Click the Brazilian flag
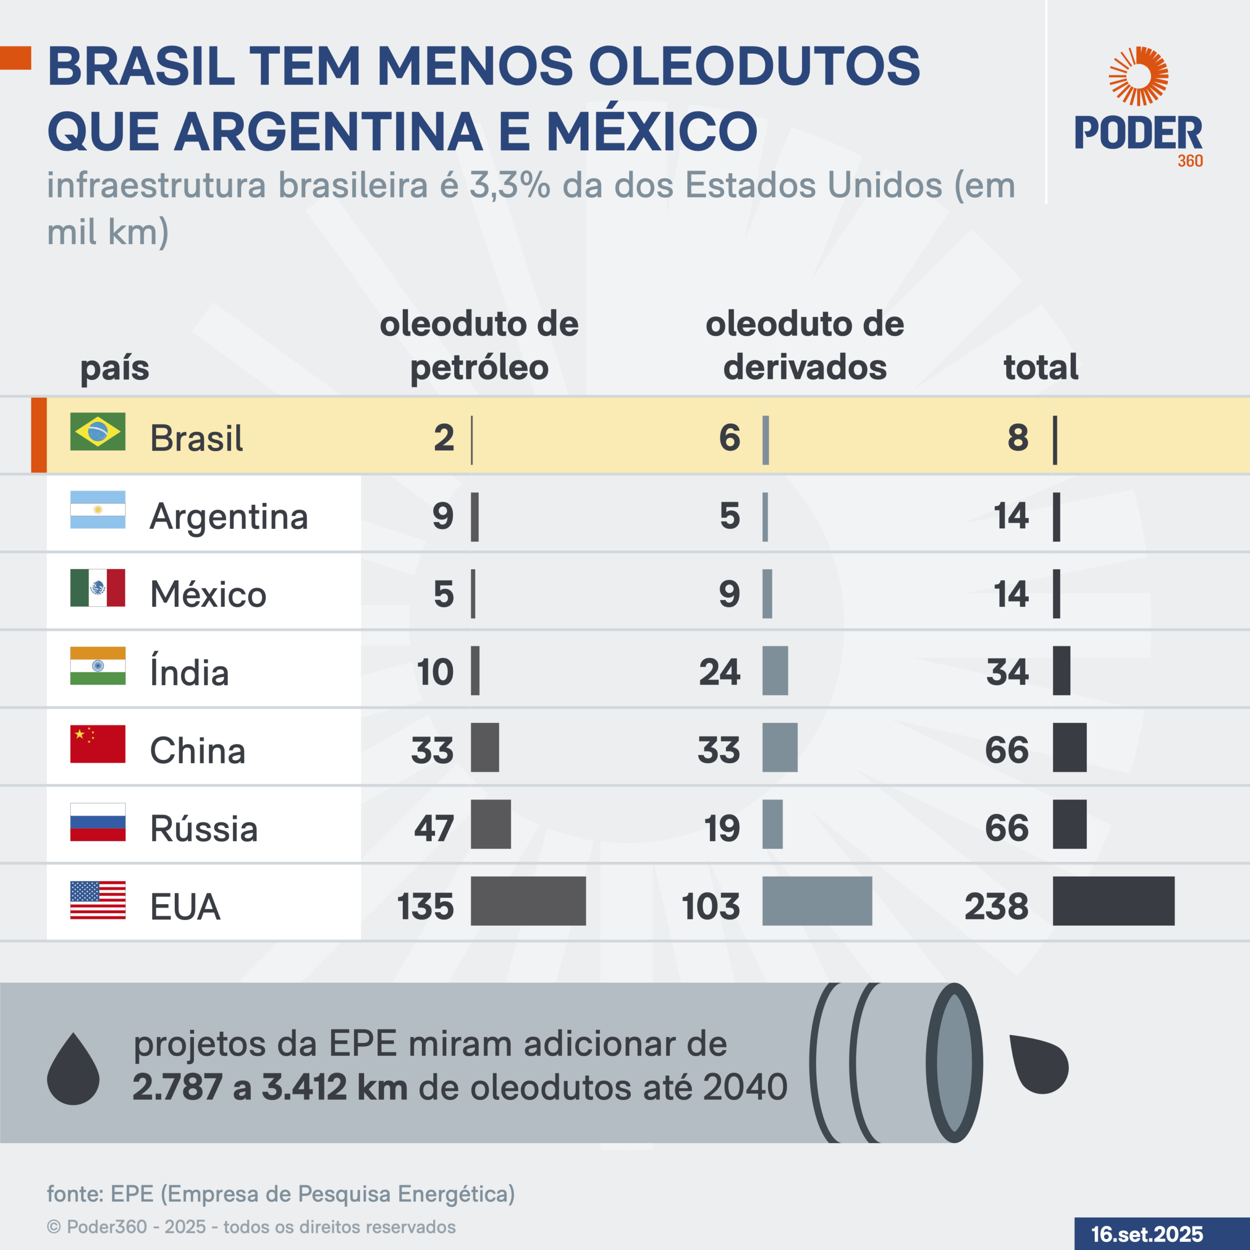tap(98, 432)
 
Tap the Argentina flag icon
tap(98, 510)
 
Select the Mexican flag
tap(98, 587)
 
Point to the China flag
tap(98, 744)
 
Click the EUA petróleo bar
tap(528, 900)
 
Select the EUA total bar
tap(1113, 900)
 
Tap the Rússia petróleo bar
tap(490, 824)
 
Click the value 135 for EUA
tap(425, 906)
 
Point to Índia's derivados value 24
tap(719, 672)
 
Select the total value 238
tap(997, 906)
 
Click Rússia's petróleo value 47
tap(434, 828)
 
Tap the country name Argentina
tap(229, 516)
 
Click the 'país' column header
tap(115, 368)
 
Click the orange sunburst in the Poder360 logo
tap(1138, 76)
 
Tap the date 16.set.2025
tap(1147, 1234)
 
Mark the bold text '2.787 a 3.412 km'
tap(270, 1087)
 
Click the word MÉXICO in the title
tap(651, 131)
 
